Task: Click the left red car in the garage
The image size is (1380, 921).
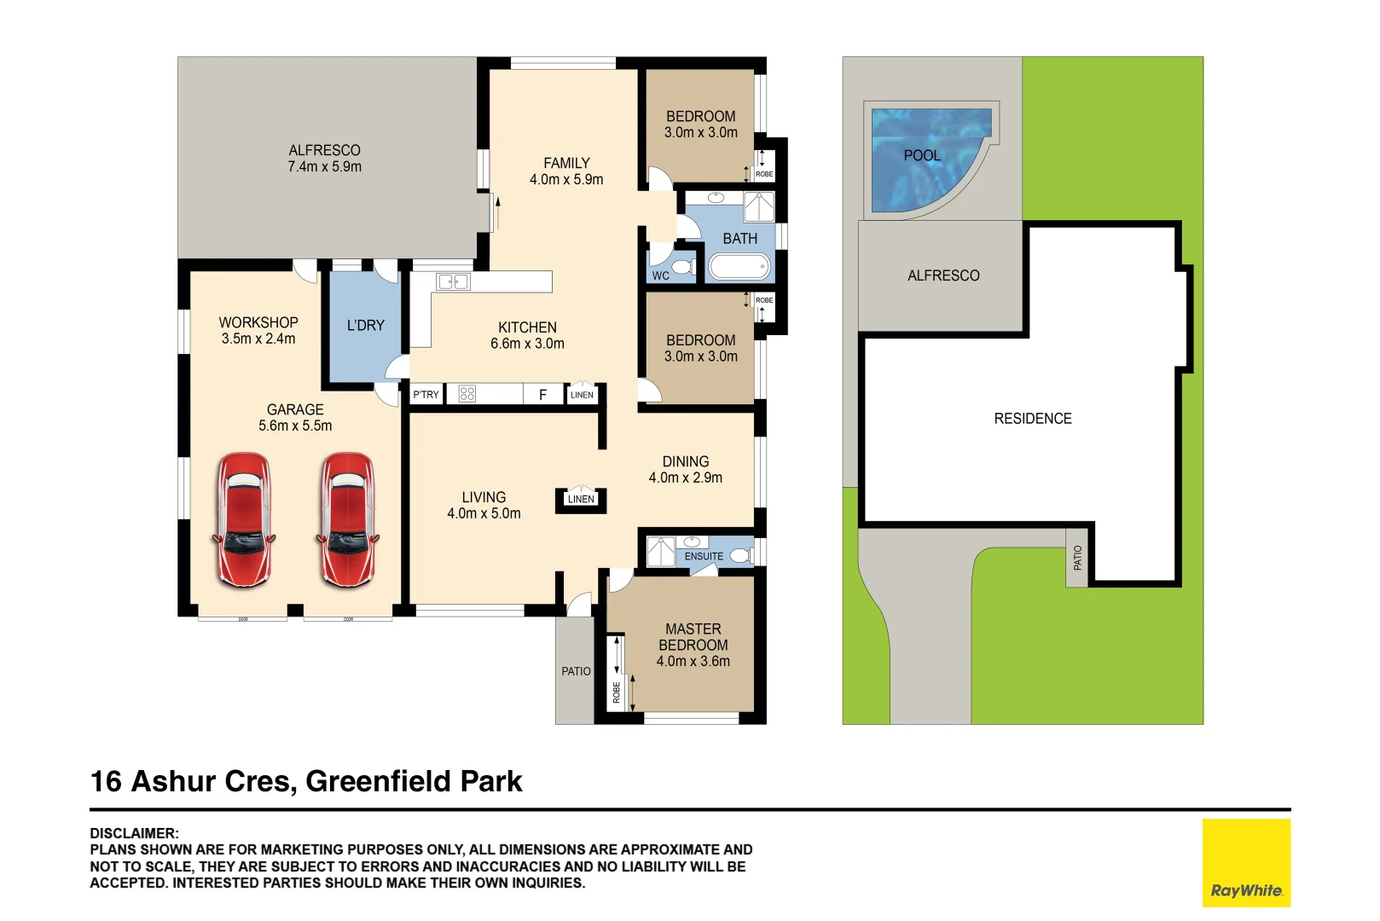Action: tap(244, 519)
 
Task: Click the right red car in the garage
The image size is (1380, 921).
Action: tap(348, 519)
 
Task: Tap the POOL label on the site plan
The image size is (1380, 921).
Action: tap(922, 155)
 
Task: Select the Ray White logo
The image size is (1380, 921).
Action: tap(1246, 862)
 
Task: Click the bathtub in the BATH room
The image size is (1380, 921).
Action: tap(739, 268)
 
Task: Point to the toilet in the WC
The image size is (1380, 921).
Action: tap(682, 267)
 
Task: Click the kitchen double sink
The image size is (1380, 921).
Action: tap(453, 282)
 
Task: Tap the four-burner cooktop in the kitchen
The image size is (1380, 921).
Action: tap(467, 394)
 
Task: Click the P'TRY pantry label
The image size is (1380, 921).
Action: tap(426, 395)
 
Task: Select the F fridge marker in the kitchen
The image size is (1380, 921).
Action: tap(542, 395)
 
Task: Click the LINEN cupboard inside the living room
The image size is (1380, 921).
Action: tap(581, 499)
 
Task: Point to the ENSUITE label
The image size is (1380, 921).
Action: tap(704, 556)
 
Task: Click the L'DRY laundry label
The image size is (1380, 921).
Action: tap(366, 325)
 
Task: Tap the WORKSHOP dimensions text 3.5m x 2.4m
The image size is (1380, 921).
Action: tap(258, 339)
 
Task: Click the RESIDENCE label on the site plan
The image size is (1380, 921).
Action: tap(1033, 419)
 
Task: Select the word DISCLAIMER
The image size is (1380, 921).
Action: tap(134, 833)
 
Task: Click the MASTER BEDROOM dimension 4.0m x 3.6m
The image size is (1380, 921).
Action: tap(693, 662)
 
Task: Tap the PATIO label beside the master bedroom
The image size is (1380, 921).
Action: tap(576, 671)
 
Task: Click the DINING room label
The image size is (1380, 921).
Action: tap(686, 461)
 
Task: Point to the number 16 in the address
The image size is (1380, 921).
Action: tap(106, 781)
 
